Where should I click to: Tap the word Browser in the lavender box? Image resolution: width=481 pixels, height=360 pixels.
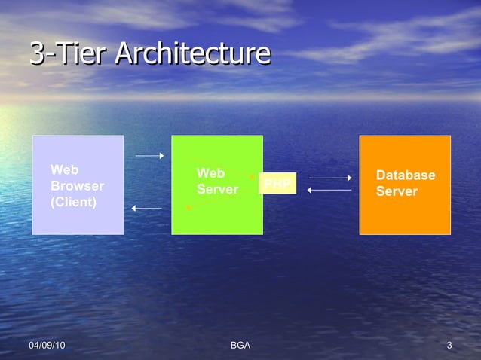[77, 185]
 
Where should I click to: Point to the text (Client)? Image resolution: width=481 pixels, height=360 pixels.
[73, 202]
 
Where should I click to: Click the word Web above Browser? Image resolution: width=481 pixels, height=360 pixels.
[64, 169]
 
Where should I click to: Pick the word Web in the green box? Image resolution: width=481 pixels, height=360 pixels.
[210, 173]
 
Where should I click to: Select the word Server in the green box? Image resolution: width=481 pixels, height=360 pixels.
[217, 189]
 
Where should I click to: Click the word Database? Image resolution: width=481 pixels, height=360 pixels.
[405, 175]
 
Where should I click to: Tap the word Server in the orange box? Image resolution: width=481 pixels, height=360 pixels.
[396, 191]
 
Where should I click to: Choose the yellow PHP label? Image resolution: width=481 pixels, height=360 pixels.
[277, 184]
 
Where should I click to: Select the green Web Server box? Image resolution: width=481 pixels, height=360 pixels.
[217, 218]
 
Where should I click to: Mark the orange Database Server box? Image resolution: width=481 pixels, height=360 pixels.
[405, 218]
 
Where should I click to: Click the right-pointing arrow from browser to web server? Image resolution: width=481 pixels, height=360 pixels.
[149, 156]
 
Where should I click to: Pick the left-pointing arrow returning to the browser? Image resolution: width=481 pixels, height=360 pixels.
[146, 208]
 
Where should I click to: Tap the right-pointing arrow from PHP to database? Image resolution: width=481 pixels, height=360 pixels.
[330, 178]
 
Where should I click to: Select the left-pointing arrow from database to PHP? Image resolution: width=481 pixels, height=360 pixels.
[329, 190]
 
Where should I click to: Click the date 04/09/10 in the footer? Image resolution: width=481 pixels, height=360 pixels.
[47, 345]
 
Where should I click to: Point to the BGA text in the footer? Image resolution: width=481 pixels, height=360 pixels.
[240, 345]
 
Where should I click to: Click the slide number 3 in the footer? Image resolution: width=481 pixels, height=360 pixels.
[449, 345]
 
